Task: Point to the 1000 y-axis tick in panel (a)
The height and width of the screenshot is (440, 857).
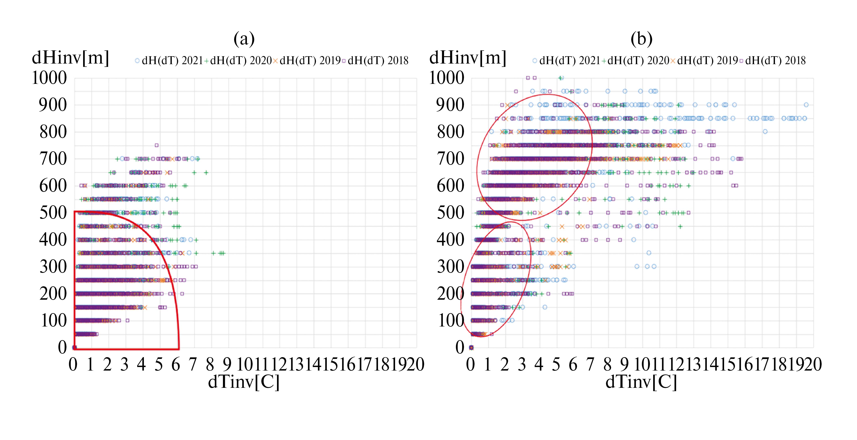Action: tap(49, 78)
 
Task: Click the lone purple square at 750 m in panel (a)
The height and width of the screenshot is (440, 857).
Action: tap(157, 145)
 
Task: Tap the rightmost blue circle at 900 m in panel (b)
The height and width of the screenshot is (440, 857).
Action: tap(806, 105)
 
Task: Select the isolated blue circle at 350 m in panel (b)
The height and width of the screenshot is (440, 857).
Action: tap(649, 253)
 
